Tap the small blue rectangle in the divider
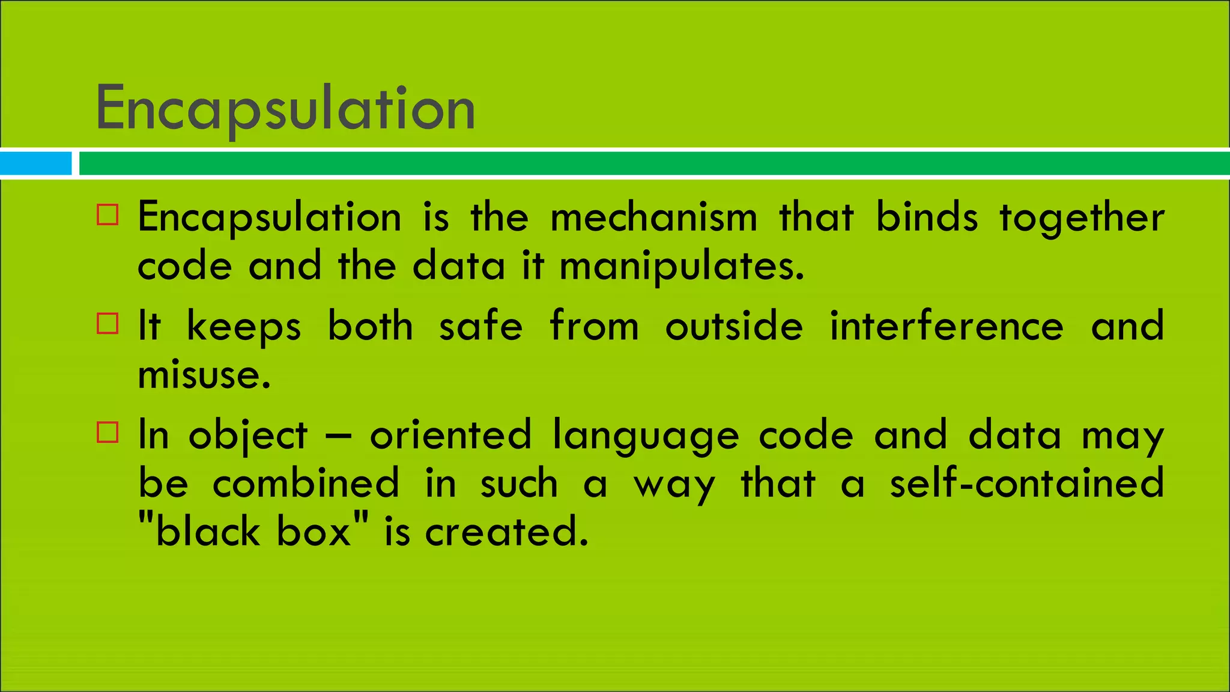point(35,163)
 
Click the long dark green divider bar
point(653,163)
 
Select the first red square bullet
point(108,214)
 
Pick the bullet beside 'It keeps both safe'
point(108,323)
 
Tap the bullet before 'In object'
point(108,432)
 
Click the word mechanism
point(653,217)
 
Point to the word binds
point(927,217)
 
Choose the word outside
point(733,326)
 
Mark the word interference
point(947,326)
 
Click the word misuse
point(204,375)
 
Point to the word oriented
point(450,435)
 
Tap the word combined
point(306,484)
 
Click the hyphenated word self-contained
point(1026,484)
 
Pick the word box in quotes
point(314,532)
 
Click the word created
point(506,532)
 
